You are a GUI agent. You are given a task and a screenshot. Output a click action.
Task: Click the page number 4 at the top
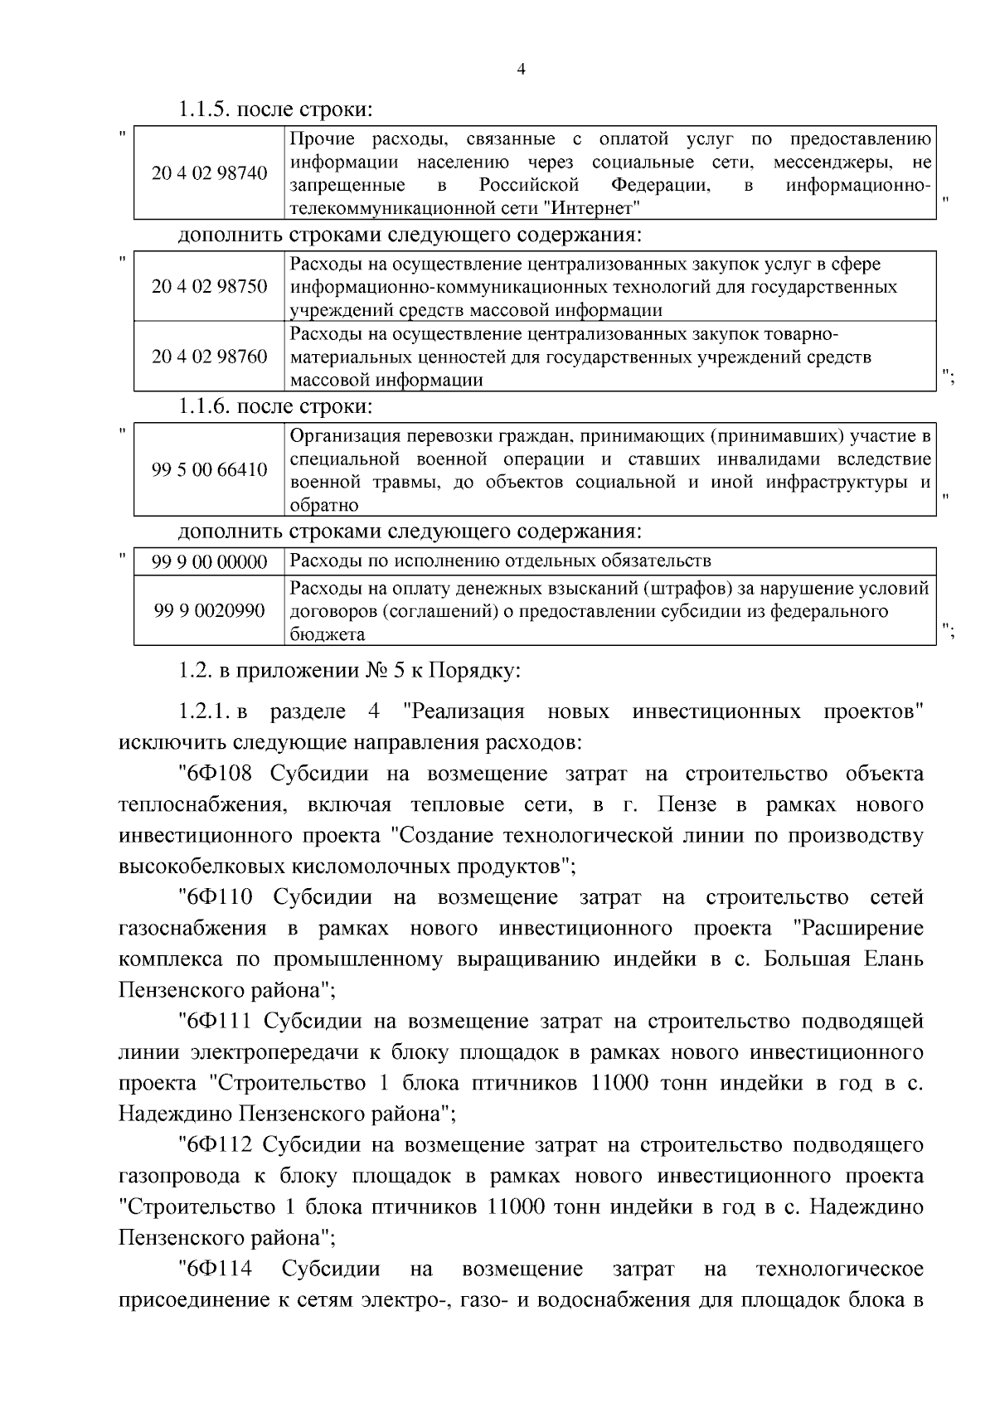tap(520, 70)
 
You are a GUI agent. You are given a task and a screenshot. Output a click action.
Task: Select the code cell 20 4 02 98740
tap(210, 173)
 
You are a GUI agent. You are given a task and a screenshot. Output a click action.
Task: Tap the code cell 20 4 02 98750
tap(210, 287)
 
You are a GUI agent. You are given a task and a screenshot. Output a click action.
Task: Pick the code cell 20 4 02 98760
tap(210, 357)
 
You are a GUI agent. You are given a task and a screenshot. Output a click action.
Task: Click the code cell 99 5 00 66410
tap(210, 470)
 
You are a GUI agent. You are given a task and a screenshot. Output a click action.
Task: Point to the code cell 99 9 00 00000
tap(210, 562)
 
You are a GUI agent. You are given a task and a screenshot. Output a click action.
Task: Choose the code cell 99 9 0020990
tap(210, 611)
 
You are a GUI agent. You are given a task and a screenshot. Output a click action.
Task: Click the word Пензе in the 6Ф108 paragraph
tap(686, 805)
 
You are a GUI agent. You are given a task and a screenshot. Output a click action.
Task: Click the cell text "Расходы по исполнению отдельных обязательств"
tap(501, 561)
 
